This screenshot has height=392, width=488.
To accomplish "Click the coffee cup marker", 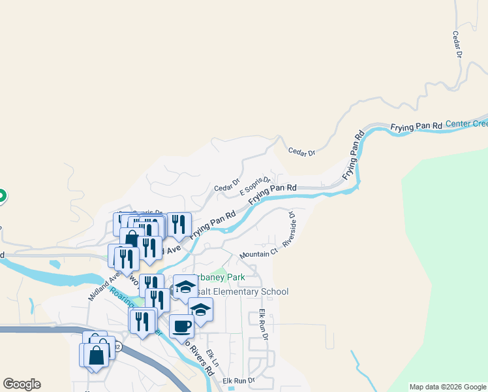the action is point(181,325).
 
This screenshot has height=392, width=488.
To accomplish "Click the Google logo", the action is point(22,384).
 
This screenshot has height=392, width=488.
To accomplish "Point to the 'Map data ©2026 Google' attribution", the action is point(448,387).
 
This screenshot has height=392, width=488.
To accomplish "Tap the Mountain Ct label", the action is point(259,253).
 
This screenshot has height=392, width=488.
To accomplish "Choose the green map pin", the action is point(1,195).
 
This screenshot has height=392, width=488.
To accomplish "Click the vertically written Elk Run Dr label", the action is point(264,325).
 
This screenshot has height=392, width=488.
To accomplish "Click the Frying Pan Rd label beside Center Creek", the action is point(416,125).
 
